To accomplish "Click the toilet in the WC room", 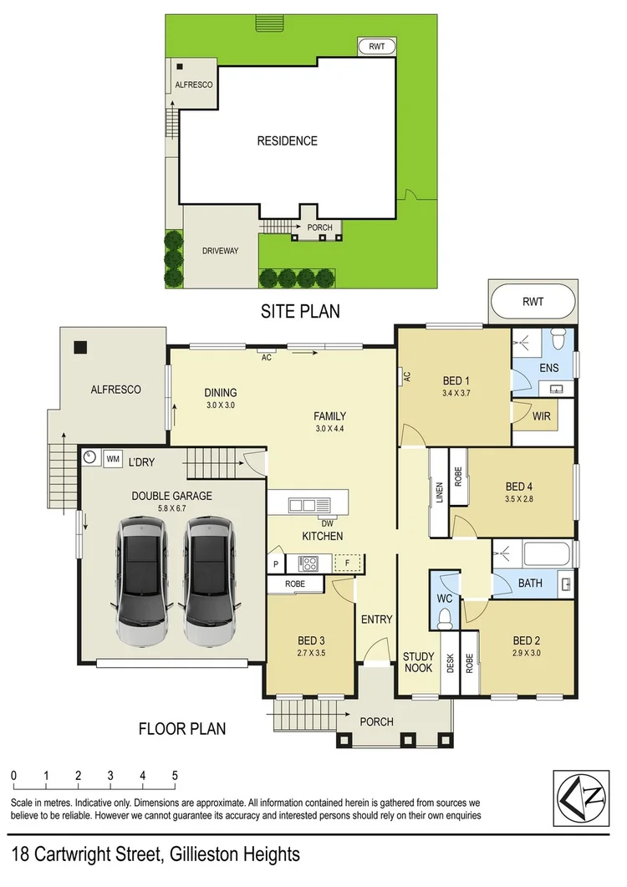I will tap(446, 616).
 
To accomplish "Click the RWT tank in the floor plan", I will tap(532, 302).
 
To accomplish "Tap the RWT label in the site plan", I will tap(377, 47).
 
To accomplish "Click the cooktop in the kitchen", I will tap(308, 563).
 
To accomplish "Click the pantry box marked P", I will tap(274, 563).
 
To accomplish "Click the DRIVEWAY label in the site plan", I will tap(221, 250).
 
